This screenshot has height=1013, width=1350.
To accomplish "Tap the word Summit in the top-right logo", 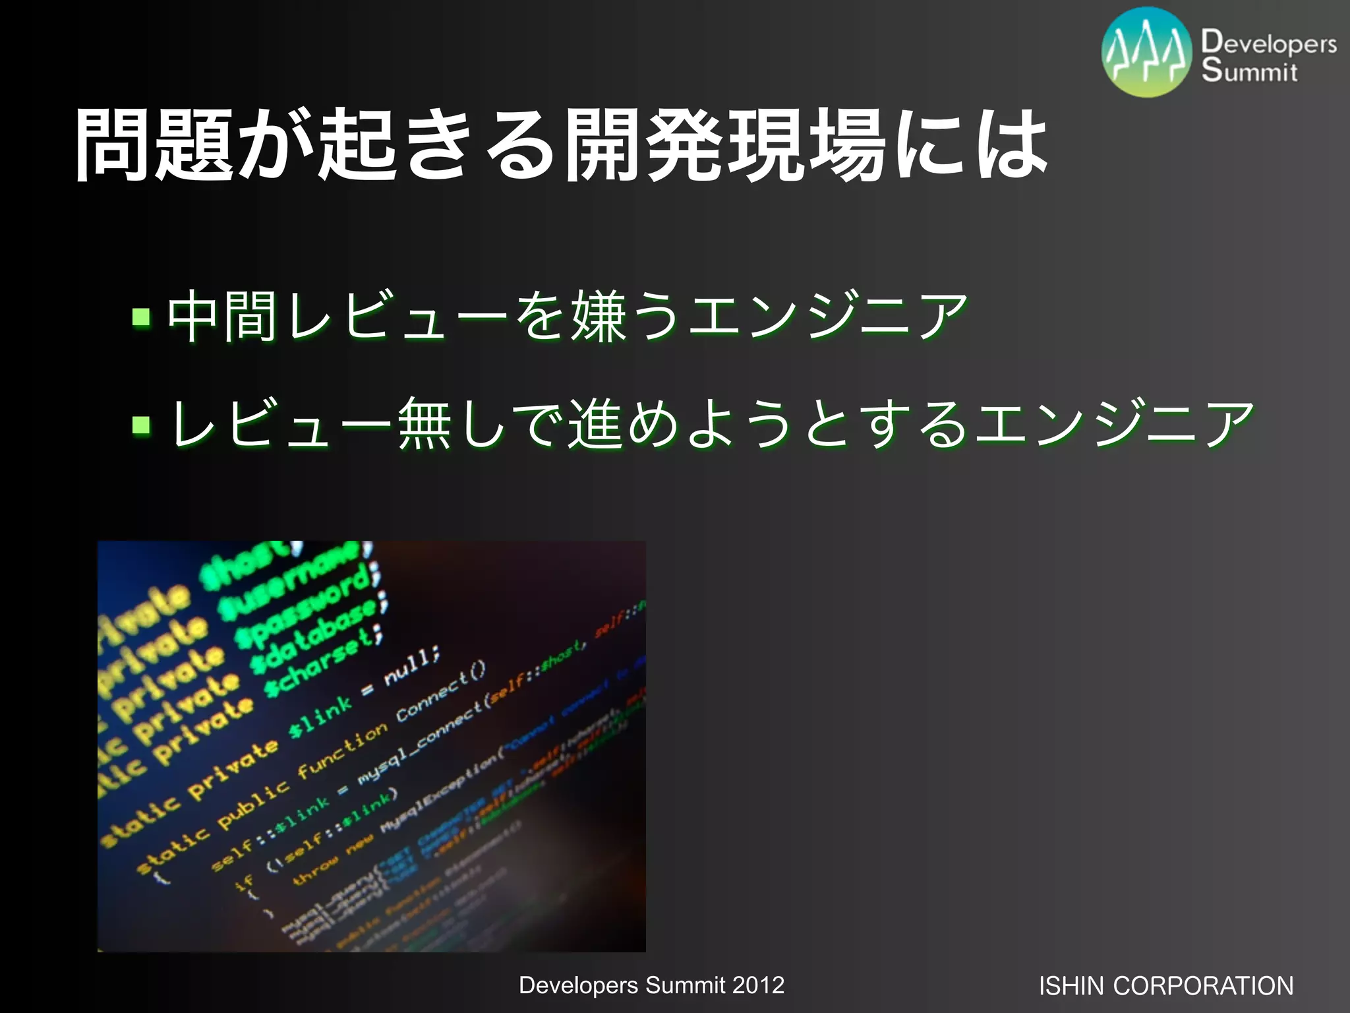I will (1248, 71).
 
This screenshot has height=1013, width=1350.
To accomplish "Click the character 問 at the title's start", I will (113, 145).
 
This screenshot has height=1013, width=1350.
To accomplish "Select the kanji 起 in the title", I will (357, 145).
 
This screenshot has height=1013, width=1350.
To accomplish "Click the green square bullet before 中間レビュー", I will (141, 317).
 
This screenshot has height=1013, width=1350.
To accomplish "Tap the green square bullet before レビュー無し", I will (141, 425).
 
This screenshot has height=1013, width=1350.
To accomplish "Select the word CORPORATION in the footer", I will (1203, 986).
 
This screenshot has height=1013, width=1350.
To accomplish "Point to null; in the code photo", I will (411, 666).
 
